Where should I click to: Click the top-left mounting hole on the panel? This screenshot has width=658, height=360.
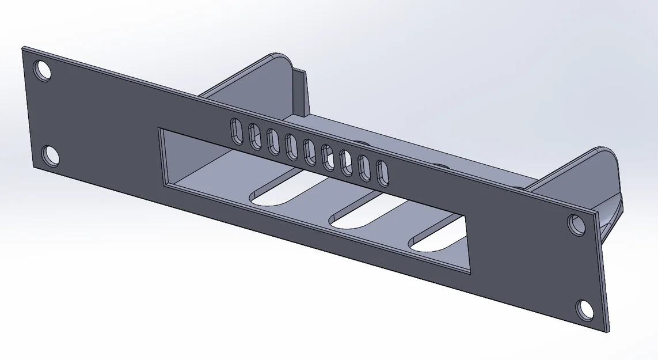43,71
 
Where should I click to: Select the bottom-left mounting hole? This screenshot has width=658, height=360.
51,156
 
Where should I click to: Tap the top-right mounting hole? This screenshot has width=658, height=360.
576,223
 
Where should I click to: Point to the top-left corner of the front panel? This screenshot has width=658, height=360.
23,48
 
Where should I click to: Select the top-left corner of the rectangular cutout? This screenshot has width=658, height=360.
159,129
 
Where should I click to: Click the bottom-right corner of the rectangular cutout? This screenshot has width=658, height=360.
470,272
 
